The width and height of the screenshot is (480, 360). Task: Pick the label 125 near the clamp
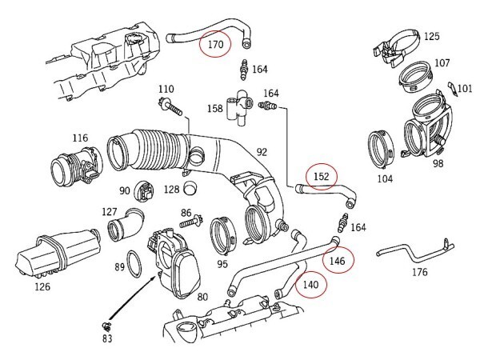(x=431, y=37)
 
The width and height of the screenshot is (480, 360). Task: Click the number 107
(x=442, y=63)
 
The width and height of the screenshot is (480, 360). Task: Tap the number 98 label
(x=438, y=164)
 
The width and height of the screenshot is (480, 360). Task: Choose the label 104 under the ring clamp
(x=386, y=178)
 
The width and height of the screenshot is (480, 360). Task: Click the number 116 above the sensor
(x=79, y=138)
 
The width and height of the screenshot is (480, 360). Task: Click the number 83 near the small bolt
(x=106, y=338)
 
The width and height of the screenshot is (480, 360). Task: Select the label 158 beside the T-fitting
(x=215, y=109)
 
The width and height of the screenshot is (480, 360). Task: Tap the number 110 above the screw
(x=166, y=89)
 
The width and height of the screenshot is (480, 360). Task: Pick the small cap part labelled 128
(x=190, y=190)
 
